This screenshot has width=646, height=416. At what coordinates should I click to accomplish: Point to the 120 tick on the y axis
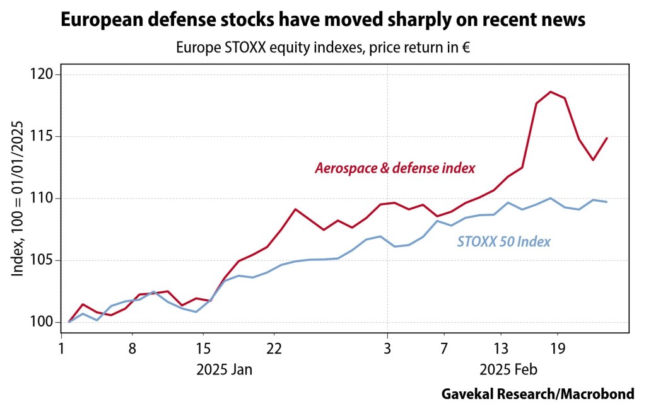(x=46, y=74)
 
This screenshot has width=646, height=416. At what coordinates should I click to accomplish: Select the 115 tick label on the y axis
(x=46, y=136)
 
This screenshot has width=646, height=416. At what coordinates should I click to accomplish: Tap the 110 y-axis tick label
(x=46, y=199)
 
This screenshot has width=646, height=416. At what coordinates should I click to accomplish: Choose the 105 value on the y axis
(x=46, y=260)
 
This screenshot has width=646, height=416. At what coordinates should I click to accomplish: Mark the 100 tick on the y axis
(x=46, y=322)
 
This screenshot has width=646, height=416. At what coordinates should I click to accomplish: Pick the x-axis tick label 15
(x=203, y=348)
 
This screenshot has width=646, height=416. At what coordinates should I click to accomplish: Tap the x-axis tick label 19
(x=558, y=348)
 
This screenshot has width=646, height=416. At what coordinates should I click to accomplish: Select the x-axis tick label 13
(x=501, y=348)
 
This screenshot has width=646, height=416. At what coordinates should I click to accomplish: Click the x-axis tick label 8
(x=132, y=348)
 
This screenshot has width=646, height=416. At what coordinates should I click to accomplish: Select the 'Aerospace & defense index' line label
(x=395, y=168)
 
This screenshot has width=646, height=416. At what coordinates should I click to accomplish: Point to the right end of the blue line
(x=607, y=202)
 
